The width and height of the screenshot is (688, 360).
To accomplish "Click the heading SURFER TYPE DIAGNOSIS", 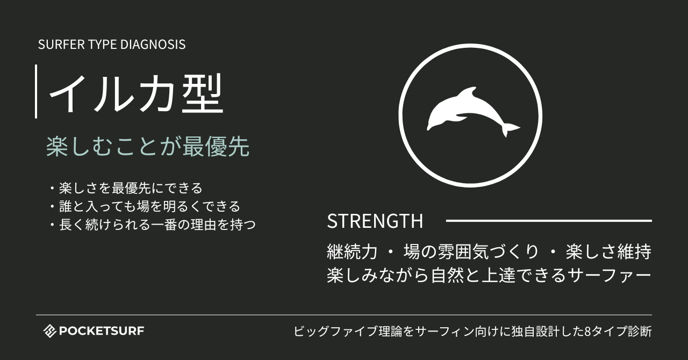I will (x=112, y=45).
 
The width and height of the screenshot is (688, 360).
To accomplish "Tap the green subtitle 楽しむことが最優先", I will (x=148, y=147).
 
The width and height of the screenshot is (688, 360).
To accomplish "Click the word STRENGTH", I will (x=375, y=221).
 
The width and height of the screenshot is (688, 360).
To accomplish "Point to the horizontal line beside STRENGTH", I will (x=548, y=220).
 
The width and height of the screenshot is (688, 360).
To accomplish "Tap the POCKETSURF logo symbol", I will (x=49, y=331).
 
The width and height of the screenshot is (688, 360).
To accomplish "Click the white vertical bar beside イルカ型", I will (x=36, y=91).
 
